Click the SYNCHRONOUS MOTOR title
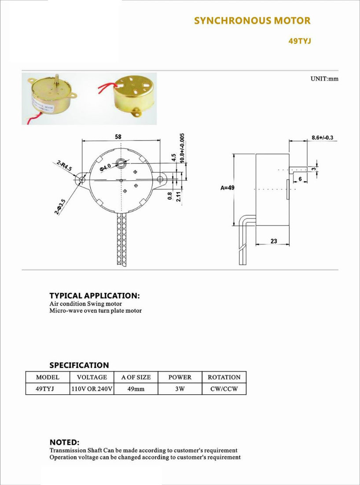tap(252, 21)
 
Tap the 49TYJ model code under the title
tap(299, 41)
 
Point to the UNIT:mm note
tap(324, 78)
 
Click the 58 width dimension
tap(118, 137)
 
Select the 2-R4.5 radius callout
tap(64, 166)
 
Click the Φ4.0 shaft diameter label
tap(105, 168)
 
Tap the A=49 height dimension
tap(226, 188)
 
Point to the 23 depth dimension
tap(274, 241)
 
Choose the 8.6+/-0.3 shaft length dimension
tap(322, 137)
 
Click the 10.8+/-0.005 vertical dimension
tap(182, 148)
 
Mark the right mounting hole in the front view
tap(160, 179)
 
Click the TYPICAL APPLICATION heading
tap(95, 296)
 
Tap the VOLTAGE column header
tap(92, 378)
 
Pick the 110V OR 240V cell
tap(92, 389)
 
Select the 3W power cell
tap(180, 389)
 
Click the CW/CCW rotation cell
tap(224, 389)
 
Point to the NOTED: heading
tap(65, 442)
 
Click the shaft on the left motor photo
tap(57, 81)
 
